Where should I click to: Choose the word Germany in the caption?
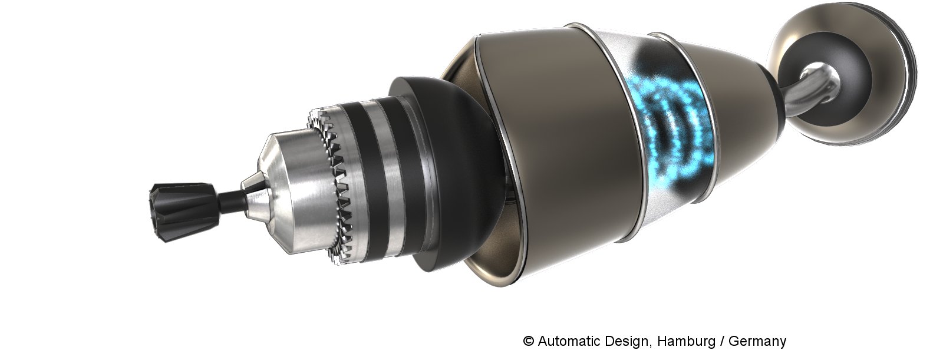(x=757, y=342)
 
